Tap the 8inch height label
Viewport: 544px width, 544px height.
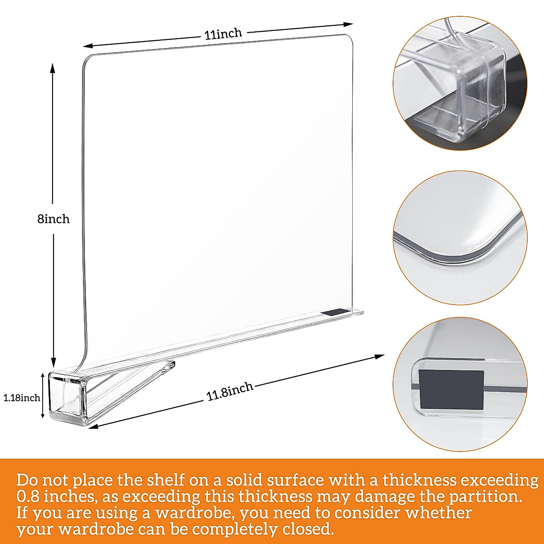(x=53, y=219)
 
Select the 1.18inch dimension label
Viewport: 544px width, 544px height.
(x=22, y=398)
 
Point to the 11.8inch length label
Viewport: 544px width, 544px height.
(x=229, y=392)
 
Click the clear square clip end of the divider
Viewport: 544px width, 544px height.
(x=67, y=397)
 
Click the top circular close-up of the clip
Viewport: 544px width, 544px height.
(x=460, y=84)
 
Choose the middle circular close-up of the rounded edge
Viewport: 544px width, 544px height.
(x=460, y=238)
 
